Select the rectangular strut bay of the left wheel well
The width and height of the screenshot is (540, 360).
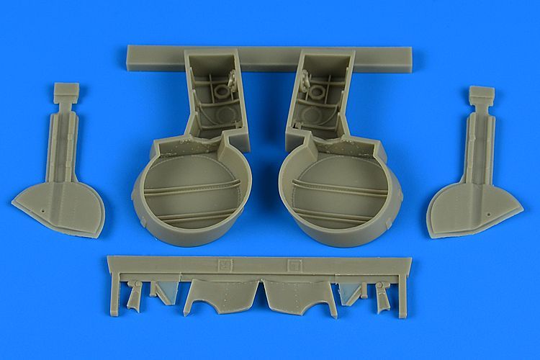point(214,94)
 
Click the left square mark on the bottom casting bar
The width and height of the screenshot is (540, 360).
point(225,263)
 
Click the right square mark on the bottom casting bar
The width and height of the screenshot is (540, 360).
point(292,263)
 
